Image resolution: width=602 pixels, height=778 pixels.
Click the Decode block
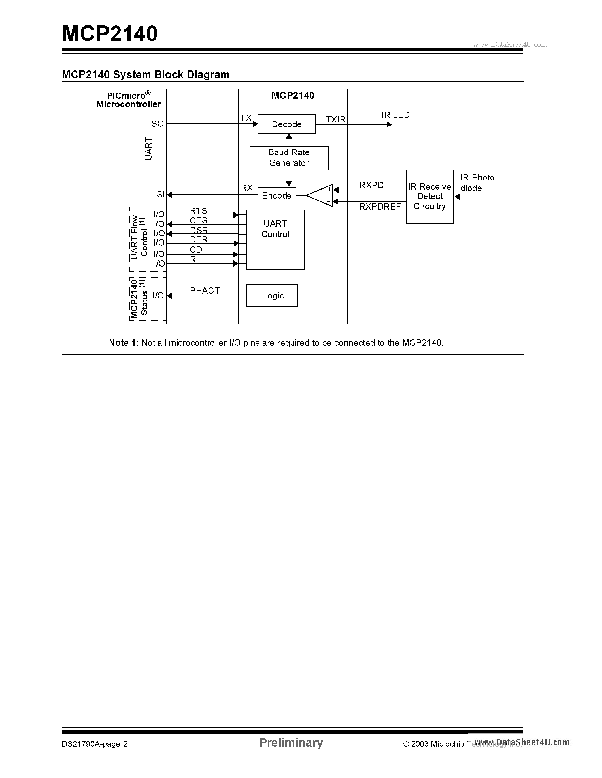tap(286, 124)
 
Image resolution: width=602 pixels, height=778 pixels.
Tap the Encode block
tap(277, 196)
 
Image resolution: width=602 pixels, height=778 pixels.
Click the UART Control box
tap(275, 239)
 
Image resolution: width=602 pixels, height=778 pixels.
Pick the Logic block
tap(272, 295)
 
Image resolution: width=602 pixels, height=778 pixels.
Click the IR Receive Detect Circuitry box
tap(430, 197)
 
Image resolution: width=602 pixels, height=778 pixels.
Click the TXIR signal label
tap(335, 119)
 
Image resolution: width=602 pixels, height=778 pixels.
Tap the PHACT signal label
tap(204, 291)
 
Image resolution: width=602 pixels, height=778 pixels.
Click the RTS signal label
tap(198, 210)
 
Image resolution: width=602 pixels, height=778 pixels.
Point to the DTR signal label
tap(199, 239)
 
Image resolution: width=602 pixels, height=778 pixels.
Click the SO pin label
tap(157, 124)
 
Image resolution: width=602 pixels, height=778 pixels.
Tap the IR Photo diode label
tap(477, 183)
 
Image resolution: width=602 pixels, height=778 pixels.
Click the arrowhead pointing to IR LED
tap(389, 124)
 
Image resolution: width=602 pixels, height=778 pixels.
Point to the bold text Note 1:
tap(124, 343)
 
